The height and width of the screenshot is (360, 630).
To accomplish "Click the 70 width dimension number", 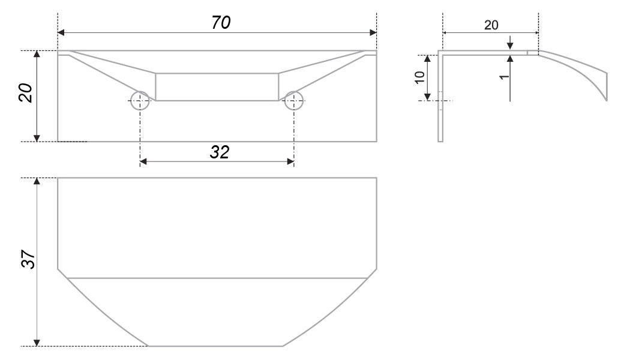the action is (x=221, y=23).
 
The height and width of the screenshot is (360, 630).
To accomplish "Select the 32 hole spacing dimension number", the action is (x=220, y=152).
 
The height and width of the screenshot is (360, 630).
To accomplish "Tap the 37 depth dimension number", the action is (x=29, y=259).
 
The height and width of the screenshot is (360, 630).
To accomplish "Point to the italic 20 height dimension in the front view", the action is (x=26, y=93).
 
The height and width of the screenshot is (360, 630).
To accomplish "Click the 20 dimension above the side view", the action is (x=491, y=25).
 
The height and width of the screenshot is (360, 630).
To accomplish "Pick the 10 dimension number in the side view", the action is (x=419, y=77).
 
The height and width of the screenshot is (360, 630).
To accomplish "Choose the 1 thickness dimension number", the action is (x=504, y=76).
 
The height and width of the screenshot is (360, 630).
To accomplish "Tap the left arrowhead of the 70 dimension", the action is (x=61, y=32).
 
